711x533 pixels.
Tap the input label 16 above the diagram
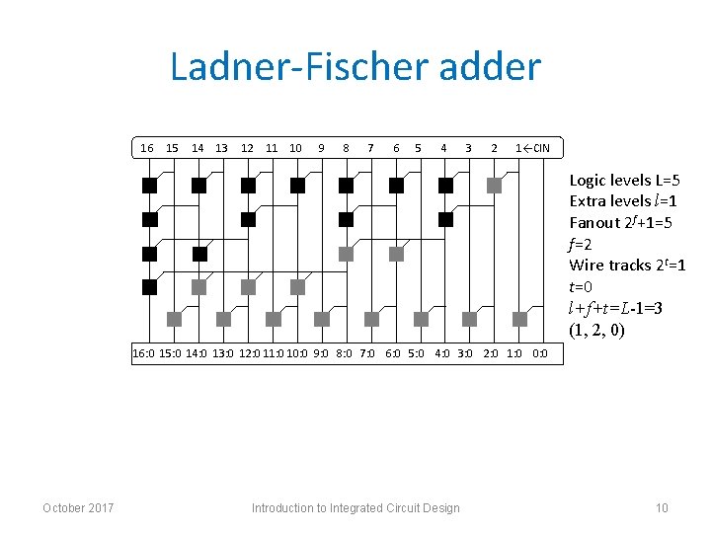point(147,148)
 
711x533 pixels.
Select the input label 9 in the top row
point(321,148)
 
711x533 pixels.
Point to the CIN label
point(539,148)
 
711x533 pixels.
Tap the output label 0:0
point(539,352)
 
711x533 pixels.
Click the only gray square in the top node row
point(495,185)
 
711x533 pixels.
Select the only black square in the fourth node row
point(149,287)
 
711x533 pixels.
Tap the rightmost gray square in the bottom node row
point(519,319)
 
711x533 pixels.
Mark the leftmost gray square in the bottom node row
point(174,319)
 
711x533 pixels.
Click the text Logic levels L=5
point(624,181)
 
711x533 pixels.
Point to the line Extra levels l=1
point(624,201)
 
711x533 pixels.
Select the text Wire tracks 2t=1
point(627,266)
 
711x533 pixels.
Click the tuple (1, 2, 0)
point(596,330)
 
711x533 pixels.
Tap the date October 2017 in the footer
point(78,508)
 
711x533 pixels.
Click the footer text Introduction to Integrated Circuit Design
point(355,508)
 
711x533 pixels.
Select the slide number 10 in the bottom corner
point(662,508)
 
